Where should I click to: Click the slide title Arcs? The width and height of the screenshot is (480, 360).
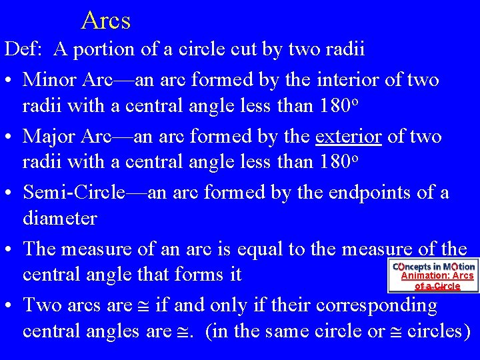105,21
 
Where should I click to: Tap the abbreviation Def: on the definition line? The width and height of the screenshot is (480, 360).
25,49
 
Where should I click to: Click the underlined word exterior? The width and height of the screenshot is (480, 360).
348,137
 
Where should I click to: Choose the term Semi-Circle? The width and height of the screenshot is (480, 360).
73,193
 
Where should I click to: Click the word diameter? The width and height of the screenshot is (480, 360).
60,218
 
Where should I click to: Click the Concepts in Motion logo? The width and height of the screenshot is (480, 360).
433,266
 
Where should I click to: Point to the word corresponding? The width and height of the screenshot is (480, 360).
377,305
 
